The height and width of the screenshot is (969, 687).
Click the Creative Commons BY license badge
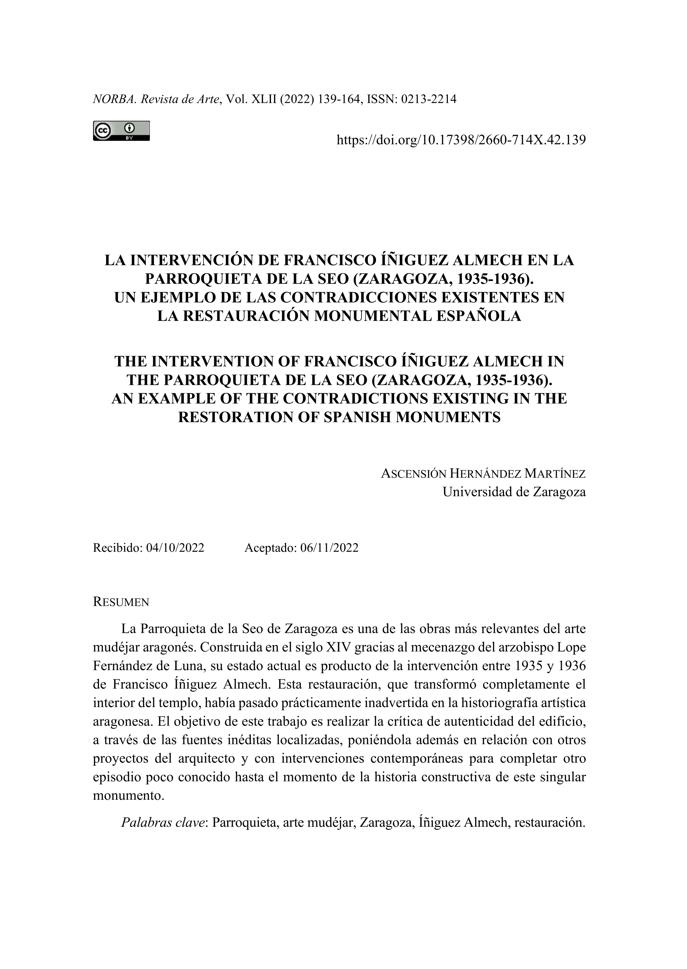[x=121, y=131]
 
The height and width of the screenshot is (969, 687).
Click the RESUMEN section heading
[x=121, y=602]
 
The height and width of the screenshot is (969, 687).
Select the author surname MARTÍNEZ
[x=555, y=474]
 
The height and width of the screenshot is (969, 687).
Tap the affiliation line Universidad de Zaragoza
[x=514, y=492]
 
